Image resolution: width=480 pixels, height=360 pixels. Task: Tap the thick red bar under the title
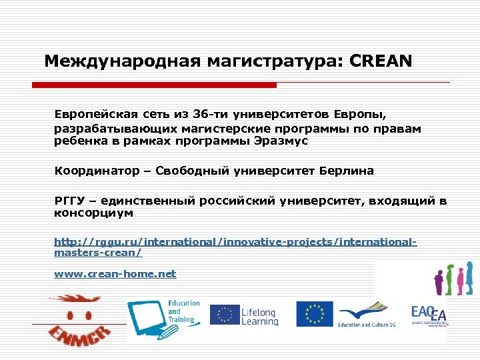click(154, 85)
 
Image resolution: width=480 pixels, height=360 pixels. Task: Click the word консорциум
click(93, 213)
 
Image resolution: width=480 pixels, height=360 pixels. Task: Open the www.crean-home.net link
click(115, 273)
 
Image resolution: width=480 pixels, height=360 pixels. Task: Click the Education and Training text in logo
click(183, 311)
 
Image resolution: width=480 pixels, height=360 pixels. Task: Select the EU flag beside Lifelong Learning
click(225, 314)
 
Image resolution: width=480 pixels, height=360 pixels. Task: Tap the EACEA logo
click(429, 314)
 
